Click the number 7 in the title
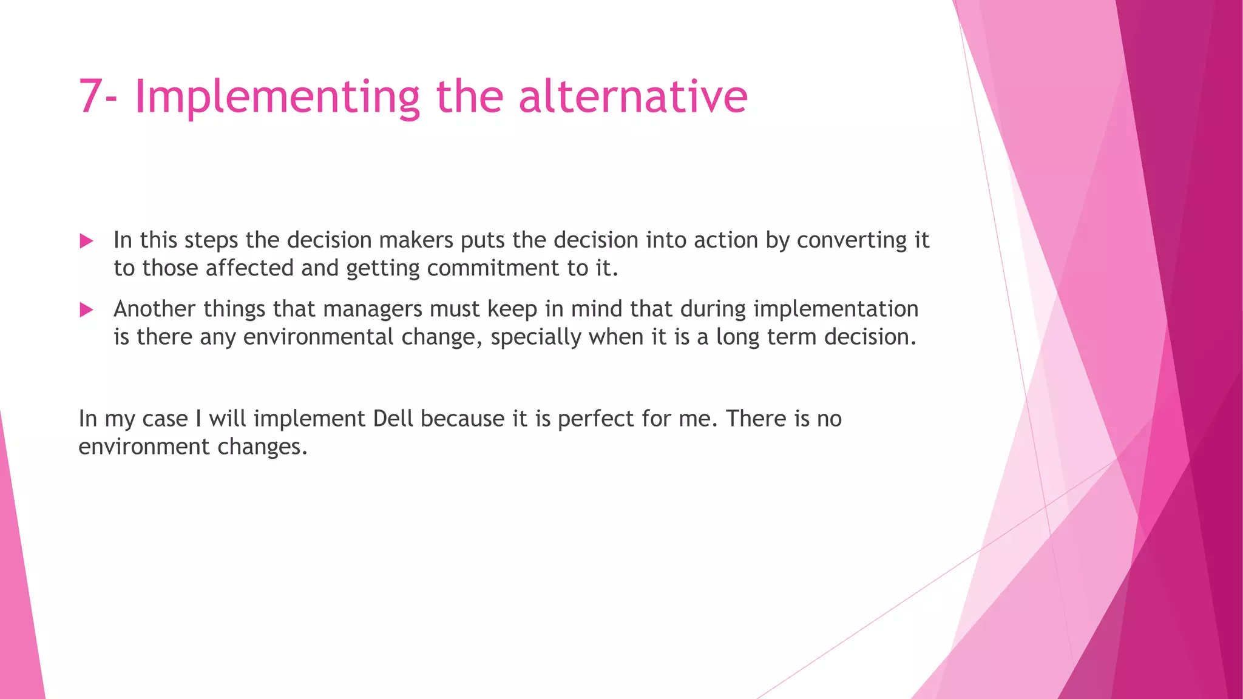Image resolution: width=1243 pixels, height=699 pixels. [90, 96]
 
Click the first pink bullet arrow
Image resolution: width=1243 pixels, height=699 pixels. [86, 241]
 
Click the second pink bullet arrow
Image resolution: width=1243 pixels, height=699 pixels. [86, 310]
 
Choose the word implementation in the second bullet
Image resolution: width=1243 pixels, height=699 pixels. [836, 309]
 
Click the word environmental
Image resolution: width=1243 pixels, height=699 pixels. [318, 337]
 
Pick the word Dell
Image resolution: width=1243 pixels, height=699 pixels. [393, 419]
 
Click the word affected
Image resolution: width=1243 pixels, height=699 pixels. [249, 268]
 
